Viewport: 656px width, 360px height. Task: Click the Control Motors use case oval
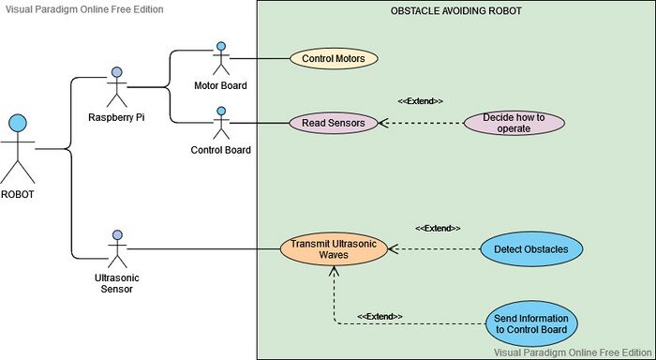(333, 58)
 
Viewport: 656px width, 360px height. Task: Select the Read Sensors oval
(333, 123)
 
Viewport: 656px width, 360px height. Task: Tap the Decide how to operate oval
(515, 123)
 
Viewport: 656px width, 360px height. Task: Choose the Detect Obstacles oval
(530, 249)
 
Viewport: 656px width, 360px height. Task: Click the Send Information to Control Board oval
(530, 324)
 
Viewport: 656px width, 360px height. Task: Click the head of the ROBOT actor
(19, 124)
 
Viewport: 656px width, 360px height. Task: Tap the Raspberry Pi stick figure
(116, 86)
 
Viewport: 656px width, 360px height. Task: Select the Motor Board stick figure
(220, 58)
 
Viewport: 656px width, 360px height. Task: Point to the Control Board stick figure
(220, 123)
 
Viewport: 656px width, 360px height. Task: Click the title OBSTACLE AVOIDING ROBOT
(455, 11)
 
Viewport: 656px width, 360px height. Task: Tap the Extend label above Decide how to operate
(420, 101)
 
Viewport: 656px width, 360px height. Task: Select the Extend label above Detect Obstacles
(437, 228)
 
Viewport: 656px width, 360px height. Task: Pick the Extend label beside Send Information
(380, 317)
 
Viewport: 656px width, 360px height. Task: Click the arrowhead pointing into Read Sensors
(384, 123)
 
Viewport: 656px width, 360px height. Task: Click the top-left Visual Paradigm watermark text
(84, 8)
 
